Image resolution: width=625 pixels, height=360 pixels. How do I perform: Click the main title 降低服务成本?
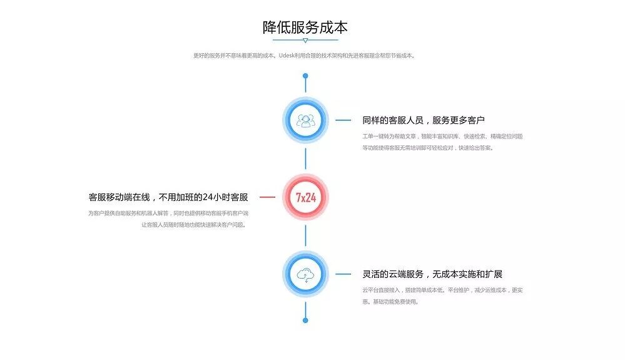(305, 28)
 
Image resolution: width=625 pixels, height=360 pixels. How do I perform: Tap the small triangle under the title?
(305, 41)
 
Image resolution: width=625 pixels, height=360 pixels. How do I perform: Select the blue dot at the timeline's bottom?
(305, 320)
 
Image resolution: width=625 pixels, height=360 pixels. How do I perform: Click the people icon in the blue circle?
(305, 120)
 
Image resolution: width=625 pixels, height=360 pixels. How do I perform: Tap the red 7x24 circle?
(305, 197)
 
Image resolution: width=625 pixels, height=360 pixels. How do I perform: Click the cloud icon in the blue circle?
(305, 274)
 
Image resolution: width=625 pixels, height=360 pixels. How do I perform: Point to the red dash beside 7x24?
(267, 197)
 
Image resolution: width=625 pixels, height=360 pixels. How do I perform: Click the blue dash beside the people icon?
(343, 120)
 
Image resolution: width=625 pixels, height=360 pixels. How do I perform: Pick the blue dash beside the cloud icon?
(343, 274)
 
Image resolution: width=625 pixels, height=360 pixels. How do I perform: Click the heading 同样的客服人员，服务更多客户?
(424, 120)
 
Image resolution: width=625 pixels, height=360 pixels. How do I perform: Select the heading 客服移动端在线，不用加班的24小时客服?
(168, 197)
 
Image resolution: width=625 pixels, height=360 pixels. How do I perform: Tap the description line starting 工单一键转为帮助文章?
(442, 136)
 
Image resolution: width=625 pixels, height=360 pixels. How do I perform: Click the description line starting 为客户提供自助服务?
(172, 213)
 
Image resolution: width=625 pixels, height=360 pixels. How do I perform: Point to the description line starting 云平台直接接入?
(443, 290)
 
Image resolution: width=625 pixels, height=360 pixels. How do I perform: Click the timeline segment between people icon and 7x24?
(305, 158)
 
